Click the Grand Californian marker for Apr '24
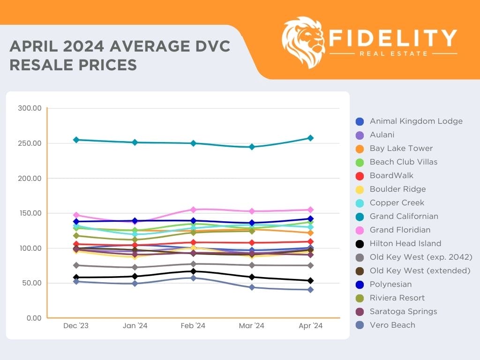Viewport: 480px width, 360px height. click(x=310, y=138)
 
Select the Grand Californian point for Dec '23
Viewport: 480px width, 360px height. click(x=76, y=140)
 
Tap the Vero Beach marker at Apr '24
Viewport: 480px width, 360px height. click(x=310, y=290)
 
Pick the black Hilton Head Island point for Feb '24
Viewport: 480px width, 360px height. click(x=193, y=271)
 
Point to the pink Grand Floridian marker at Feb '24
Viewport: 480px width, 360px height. click(x=193, y=210)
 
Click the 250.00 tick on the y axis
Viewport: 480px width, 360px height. click(x=30, y=143)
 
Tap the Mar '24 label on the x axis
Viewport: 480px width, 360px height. click(x=252, y=326)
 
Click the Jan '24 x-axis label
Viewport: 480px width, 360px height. click(x=135, y=326)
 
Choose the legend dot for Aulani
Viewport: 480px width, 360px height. click(x=360, y=135)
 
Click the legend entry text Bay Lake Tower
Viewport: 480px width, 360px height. click(x=401, y=148)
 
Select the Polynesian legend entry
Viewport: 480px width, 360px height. click(x=390, y=284)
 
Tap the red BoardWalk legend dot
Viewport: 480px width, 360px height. click(x=360, y=176)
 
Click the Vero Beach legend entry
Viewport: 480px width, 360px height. click(x=392, y=325)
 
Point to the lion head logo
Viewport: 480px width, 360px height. click(x=304, y=42)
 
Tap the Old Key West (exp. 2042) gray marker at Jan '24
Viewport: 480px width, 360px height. click(x=135, y=267)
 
